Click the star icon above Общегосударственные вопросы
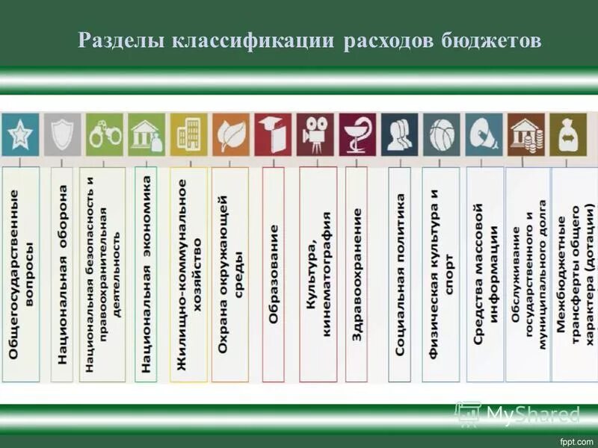pyautogui.click(x=20, y=135)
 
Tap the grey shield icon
pyautogui.click(x=62, y=135)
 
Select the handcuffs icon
pyautogui.click(x=105, y=135)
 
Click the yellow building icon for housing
pyautogui.click(x=188, y=135)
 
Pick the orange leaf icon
pyautogui.click(x=230, y=135)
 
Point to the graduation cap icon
pyautogui.click(x=272, y=135)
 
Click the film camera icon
pyautogui.click(x=315, y=135)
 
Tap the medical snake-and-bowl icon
pyautogui.click(x=357, y=135)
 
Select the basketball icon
pyautogui.click(x=441, y=135)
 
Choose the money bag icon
pyautogui.click(x=568, y=135)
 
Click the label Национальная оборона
pyautogui.click(x=63, y=276)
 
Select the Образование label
pyautogui.click(x=274, y=276)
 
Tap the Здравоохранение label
pyautogui.click(x=357, y=276)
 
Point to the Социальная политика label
pyautogui.click(x=400, y=276)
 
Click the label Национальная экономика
pyautogui.click(x=147, y=276)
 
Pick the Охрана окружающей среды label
pyautogui.click(x=230, y=276)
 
